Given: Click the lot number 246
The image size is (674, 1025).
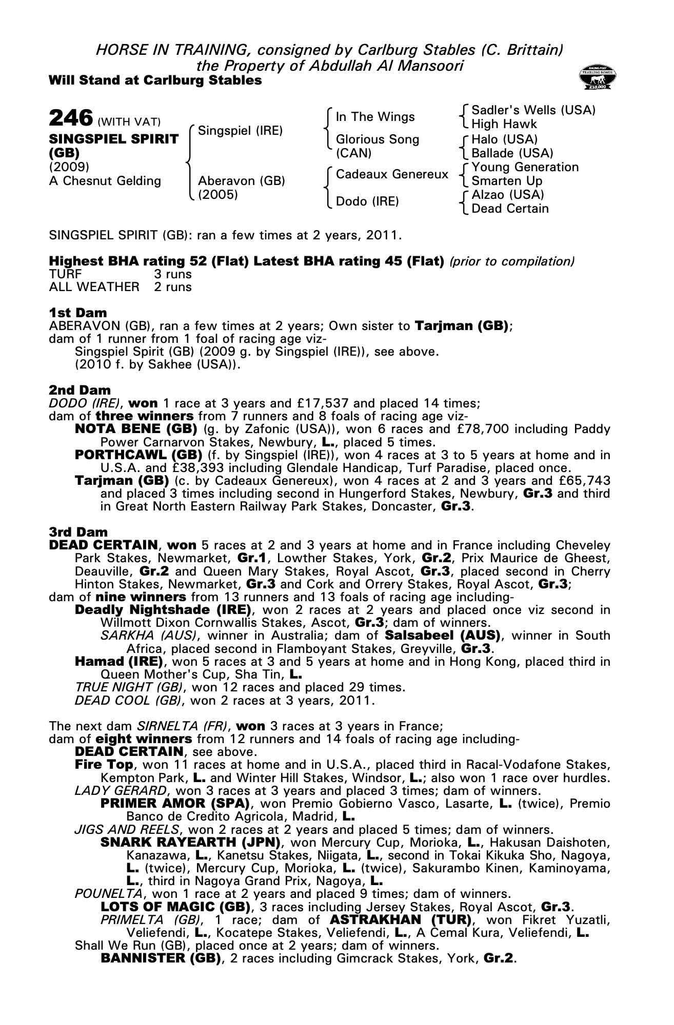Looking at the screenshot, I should click(x=70, y=117).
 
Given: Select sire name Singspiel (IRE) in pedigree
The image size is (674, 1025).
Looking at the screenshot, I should click(x=240, y=131).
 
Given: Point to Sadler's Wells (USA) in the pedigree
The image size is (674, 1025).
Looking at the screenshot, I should click(x=533, y=110).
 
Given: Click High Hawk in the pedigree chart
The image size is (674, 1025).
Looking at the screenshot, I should click(x=504, y=124).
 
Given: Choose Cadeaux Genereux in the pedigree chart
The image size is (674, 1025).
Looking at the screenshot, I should click(x=392, y=174).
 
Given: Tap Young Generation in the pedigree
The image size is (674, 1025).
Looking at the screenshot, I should click(x=525, y=167).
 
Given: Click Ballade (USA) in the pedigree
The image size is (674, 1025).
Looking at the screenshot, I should click(x=512, y=153).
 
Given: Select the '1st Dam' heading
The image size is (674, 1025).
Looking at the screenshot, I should click(x=78, y=313).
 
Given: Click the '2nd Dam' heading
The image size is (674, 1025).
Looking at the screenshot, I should click(x=80, y=390).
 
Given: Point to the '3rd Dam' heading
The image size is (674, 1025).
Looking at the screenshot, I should click(x=78, y=532).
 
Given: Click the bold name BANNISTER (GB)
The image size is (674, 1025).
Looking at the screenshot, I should click(x=160, y=958).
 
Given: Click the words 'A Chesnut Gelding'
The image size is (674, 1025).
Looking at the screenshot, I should click(x=105, y=181).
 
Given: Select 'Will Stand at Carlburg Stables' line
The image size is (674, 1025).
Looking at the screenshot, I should click(x=155, y=80).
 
